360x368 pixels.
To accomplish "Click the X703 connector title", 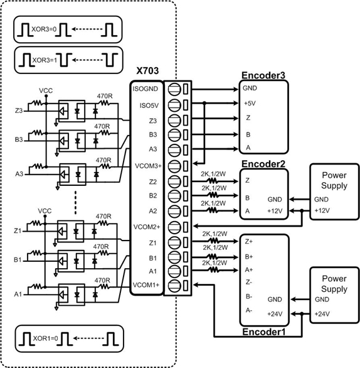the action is pyautogui.click(x=147, y=70).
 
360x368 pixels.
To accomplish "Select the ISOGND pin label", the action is pyautogui.click(x=146, y=89).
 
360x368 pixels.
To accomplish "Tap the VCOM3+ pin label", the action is pyautogui.click(x=148, y=166).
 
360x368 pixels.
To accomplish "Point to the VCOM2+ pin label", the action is pyautogui.click(x=147, y=227).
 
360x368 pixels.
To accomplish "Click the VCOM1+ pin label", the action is pyautogui.click(x=146, y=285).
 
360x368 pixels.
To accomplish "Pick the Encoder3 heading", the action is pyautogui.click(x=263, y=75).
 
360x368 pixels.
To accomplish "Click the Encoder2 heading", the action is pyautogui.click(x=263, y=164).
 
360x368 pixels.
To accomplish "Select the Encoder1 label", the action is pyautogui.click(x=264, y=332).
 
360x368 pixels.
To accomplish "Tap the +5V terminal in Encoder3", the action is pyautogui.click(x=250, y=103).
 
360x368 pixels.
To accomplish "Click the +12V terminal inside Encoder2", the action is pyautogui.click(x=275, y=211).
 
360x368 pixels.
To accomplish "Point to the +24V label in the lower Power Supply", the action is pyautogui.click(x=322, y=314).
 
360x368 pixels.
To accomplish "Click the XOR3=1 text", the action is pyautogui.click(x=45, y=60).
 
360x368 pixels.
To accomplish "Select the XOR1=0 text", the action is pyautogui.click(x=45, y=338).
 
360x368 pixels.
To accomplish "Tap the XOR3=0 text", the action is pyautogui.click(x=44, y=30).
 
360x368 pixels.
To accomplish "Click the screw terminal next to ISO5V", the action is pyautogui.click(x=174, y=105).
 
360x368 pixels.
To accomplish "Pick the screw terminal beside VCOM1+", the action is pyautogui.click(x=174, y=286).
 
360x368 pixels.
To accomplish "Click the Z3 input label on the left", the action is pyautogui.click(x=19, y=111).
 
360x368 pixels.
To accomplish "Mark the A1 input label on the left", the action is pyautogui.click(x=18, y=294).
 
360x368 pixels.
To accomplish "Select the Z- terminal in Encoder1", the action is pyautogui.click(x=248, y=282).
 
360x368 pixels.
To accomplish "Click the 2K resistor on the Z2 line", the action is pyautogui.click(x=213, y=181).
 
